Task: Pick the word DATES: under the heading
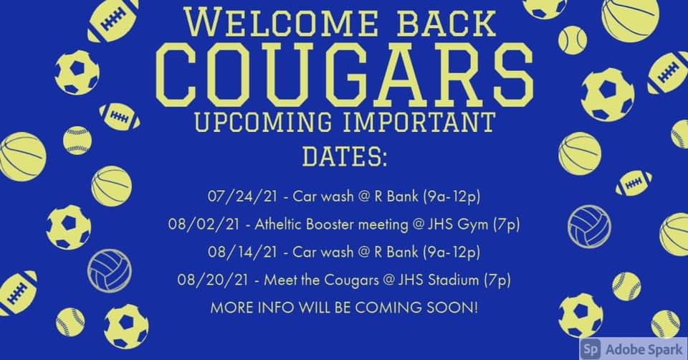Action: click(x=344, y=156)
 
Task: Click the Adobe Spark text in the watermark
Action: click(x=641, y=348)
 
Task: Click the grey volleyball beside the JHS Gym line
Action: click(x=589, y=226)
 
